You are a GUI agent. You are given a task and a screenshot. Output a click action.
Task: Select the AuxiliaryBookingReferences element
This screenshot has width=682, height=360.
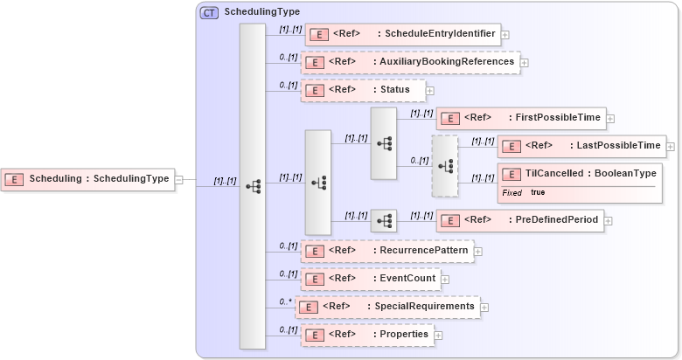409,62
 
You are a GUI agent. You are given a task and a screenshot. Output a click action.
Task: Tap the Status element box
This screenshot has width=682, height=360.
363,90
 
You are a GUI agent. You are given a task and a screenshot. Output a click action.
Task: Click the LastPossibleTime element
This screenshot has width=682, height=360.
581,145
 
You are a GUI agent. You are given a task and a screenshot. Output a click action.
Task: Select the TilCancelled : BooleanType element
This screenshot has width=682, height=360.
578,174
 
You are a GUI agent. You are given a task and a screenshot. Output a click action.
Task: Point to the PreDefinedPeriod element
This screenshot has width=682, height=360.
519,220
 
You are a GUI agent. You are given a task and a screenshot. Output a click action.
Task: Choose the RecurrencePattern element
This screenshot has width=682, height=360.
387,251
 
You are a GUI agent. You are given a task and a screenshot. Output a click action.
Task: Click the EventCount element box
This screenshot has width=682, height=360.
370,279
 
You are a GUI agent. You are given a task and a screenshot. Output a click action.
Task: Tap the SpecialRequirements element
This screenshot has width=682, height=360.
387,307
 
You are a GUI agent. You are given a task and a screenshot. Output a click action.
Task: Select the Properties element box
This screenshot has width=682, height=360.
367,335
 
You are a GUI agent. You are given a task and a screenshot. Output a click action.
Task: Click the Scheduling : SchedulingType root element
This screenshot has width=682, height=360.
87,179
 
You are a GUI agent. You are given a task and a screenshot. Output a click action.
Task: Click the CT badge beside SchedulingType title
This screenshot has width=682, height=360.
210,12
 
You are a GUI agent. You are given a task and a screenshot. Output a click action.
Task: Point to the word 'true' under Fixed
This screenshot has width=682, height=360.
538,192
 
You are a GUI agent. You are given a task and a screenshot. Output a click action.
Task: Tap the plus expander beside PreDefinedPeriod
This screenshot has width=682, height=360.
609,221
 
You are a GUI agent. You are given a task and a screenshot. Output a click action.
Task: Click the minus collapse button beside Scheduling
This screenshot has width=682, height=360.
179,180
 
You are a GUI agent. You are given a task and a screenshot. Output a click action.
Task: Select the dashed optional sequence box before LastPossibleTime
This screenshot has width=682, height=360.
444,165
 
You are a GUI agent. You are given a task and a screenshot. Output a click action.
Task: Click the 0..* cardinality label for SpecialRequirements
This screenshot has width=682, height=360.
285,301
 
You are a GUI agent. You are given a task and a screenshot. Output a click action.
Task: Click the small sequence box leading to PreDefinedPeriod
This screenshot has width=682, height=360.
383,221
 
